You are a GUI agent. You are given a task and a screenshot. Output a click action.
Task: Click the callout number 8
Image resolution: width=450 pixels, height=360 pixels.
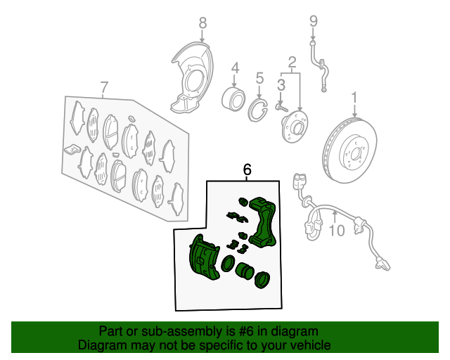202,22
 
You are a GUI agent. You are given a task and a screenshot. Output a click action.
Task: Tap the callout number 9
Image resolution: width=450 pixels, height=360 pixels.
314,21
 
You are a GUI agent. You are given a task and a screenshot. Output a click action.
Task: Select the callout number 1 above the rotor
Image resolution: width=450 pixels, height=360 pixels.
354,98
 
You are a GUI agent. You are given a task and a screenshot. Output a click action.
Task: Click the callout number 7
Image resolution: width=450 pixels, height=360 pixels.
105,87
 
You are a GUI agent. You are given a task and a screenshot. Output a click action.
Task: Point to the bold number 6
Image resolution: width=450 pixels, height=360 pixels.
247,169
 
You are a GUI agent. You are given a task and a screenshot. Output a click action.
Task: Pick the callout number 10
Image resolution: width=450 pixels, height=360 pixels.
336,231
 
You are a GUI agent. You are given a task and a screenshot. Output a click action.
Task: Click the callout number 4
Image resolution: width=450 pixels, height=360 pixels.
235,68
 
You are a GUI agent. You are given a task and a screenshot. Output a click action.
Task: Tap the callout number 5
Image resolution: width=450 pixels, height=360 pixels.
259,78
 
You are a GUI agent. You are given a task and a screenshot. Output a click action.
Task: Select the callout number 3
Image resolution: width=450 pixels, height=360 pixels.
281,85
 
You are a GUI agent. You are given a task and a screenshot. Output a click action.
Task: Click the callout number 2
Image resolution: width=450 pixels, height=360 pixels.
292,63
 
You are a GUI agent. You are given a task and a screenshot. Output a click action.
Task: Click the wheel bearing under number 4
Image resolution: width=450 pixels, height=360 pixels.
233,98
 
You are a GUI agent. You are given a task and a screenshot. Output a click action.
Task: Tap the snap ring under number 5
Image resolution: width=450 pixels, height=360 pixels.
257,110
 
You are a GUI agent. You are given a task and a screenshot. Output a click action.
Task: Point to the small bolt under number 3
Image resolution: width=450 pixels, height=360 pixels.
281,108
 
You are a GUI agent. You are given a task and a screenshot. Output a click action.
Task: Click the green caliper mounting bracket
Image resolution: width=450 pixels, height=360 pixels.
262,222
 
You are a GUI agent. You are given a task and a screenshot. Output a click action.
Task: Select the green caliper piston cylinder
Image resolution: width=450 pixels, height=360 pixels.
245,271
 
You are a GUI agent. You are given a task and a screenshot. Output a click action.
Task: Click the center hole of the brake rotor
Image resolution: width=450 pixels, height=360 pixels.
356,155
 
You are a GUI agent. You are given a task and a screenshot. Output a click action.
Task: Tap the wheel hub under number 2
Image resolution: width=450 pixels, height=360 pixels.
295,127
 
